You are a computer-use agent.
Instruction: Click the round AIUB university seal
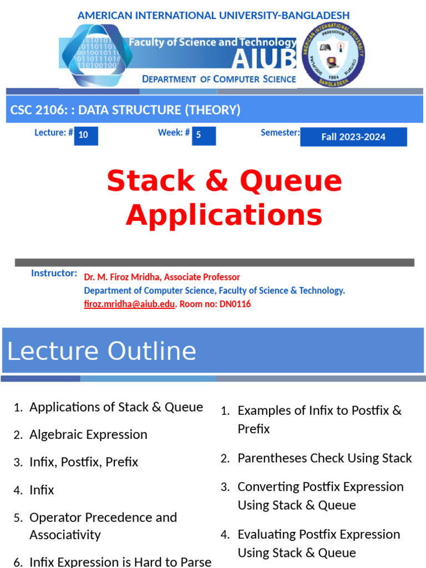[x=333, y=55]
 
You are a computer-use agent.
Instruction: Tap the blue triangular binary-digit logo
[x=97, y=55]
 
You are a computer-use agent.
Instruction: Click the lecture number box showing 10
[x=85, y=135]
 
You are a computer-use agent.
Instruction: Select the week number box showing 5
[x=204, y=135]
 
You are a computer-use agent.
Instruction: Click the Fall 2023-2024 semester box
[x=353, y=137]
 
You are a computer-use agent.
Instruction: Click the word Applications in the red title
[x=224, y=215]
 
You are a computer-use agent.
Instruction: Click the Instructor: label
[x=54, y=273]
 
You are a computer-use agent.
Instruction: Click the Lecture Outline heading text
[x=102, y=351]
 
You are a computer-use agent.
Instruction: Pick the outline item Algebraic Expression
[x=88, y=434]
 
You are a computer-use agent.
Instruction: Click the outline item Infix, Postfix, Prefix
[x=84, y=462]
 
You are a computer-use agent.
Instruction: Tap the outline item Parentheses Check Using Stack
[x=324, y=458]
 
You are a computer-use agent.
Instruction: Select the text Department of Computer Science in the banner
[x=219, y=79]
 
